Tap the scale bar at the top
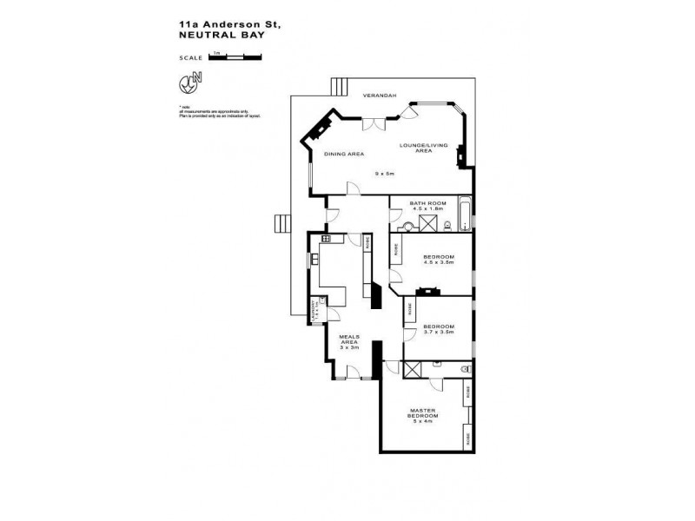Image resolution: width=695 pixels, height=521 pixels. tap(235, 56)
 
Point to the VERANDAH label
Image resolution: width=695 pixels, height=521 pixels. tap(379, 95)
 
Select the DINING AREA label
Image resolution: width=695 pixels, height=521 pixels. tap(343, 154)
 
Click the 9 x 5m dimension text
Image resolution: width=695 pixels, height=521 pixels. tap(384, 174)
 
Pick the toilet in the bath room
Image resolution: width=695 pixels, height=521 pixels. tap(446, 226)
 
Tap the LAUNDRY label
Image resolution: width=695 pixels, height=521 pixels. tap(317, 310)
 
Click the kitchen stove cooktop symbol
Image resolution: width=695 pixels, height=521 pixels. tap(326, 238)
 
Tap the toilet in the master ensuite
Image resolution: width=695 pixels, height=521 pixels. tap(465, 369)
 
